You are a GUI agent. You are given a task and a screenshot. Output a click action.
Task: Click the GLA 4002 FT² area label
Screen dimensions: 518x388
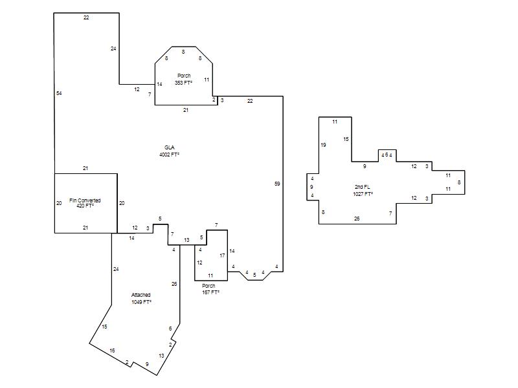[169, 151]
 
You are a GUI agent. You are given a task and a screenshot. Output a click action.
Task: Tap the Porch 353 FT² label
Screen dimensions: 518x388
[184, 79]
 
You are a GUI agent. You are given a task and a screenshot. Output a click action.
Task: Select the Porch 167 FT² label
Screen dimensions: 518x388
[210, 289]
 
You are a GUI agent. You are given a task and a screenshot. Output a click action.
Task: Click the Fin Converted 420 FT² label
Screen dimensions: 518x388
[85, 203]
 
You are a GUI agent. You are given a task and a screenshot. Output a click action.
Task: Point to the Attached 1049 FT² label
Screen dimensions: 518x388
[141, 298]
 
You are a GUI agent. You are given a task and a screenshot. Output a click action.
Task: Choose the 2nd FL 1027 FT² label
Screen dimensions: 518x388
[363, 190]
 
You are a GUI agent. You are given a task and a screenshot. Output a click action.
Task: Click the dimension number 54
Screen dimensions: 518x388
[59, 93]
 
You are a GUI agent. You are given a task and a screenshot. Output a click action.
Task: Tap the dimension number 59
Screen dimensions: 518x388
[277, 184]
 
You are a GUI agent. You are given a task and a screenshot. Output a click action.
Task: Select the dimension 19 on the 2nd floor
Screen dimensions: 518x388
[323, 145]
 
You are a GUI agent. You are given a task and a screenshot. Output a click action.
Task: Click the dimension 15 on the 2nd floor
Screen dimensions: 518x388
[346, 139]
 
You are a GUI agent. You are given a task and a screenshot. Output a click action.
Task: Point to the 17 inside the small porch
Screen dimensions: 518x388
[222, 255]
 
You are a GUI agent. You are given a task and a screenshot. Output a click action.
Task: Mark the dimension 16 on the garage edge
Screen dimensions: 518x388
[112, 350]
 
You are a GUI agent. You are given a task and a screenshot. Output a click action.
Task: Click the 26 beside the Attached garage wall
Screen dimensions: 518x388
[174, 284]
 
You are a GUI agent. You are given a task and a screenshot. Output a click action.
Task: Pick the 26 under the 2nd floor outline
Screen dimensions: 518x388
[357, 219]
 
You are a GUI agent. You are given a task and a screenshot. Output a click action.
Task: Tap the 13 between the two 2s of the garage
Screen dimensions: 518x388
[161, 356]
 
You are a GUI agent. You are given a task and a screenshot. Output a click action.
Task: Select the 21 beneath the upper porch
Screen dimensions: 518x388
[186, 110]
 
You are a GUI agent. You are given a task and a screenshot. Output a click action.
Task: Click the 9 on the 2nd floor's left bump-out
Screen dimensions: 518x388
[311, 187]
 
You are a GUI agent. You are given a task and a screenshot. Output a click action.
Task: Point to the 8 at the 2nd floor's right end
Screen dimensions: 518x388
[459, 182]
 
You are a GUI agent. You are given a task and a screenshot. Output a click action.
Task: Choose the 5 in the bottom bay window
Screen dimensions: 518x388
[254, 275]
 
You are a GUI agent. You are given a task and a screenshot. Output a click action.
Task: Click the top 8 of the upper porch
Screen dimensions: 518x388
[183, 52]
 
